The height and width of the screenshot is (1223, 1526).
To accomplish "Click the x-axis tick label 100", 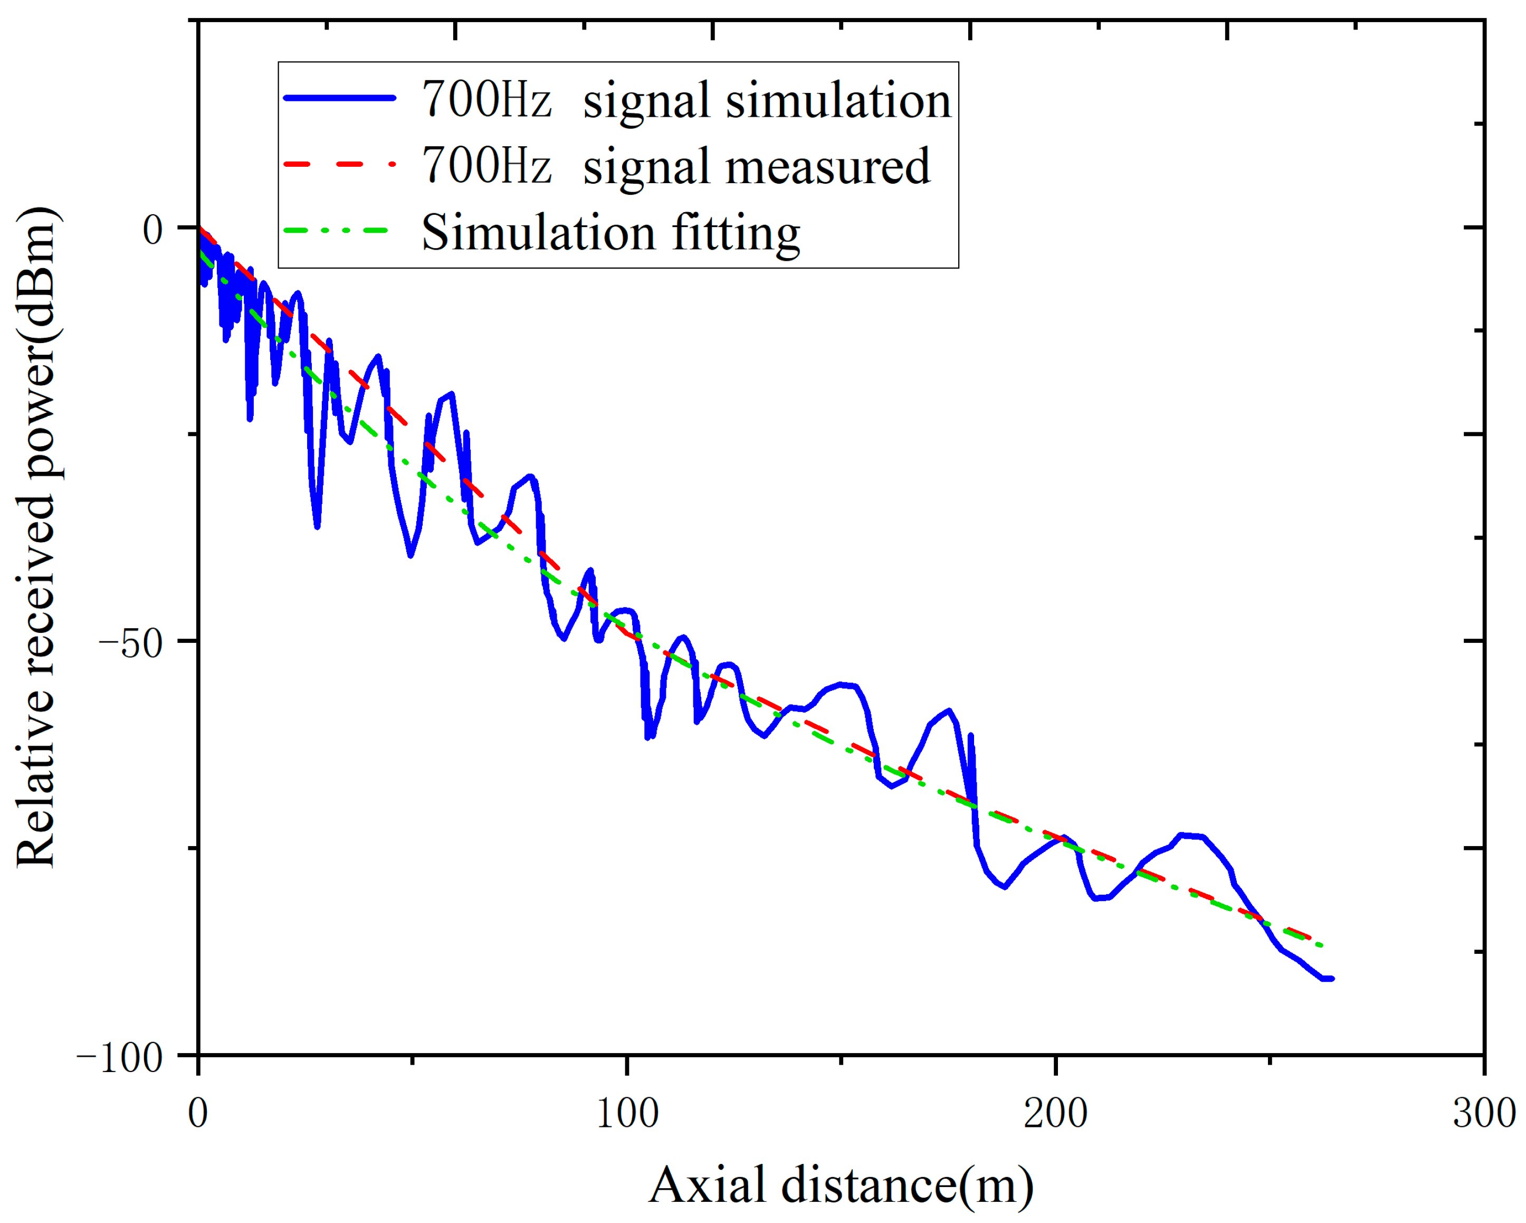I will pyautogui.click(x=627, y=1113).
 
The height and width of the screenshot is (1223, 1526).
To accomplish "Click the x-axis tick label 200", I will pyautogui.click(x=1055, y=1113).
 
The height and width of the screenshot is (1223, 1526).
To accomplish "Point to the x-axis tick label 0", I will pyautogui.click(x=198, y=1113).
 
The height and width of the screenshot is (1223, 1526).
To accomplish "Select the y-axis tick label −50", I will pyautogui.click(x=131, y=642).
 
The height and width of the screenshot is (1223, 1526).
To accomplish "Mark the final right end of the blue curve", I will pyautogui.click(x=1331, y=979).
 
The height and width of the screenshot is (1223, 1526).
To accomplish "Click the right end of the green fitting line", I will pyautogui.click(x=1321, y=945).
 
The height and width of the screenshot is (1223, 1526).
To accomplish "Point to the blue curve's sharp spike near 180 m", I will pyautogui.click(x=970, y=736).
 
